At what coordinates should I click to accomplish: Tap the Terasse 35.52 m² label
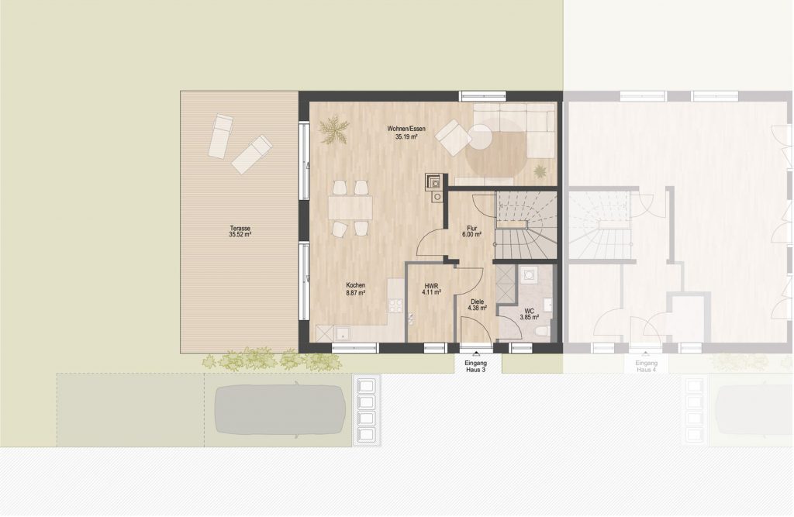(240, 232)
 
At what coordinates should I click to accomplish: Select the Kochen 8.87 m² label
(355, 288)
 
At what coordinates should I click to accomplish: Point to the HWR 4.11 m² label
(431, 288)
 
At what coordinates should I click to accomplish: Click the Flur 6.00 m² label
(471, 232)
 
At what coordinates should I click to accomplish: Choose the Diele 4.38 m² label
(477, 305)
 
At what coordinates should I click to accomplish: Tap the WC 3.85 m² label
(529, 314)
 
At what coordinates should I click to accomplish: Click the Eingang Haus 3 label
(476, 366)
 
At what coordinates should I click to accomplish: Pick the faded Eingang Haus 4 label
(646, 366)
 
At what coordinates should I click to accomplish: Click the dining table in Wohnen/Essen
(350, 208)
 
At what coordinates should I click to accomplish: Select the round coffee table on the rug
(480, 137)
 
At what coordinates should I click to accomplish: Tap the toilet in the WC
(541, 332)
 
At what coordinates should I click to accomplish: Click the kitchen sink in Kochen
(342, 333)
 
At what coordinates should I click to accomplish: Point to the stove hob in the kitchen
(395, 305)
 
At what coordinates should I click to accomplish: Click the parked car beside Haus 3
(280, 411)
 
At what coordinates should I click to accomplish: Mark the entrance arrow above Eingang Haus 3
(476, 355)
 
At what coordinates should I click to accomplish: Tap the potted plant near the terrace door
(333, 129)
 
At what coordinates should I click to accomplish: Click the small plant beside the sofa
(540, 171)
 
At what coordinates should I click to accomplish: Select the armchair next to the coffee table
(452, 137)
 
